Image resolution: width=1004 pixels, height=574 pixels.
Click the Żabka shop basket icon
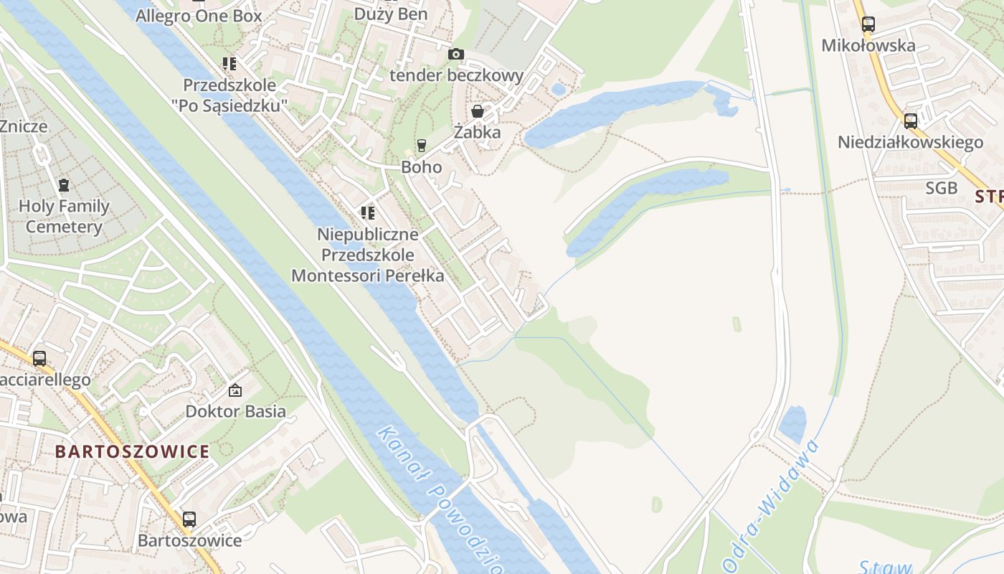478,111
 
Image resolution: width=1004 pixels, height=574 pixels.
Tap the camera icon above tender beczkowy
455,54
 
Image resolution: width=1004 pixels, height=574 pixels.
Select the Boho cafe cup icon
422,146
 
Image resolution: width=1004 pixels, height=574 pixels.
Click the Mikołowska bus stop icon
868,24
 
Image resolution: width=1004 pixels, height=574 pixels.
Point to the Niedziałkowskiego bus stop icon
911,121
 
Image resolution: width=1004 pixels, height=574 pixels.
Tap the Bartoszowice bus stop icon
189,519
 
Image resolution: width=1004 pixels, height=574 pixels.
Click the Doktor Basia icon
235,390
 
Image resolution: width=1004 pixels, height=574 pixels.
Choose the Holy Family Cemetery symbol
64,185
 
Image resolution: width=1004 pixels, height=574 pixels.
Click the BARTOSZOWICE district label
132,451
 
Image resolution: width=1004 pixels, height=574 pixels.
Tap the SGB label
941,188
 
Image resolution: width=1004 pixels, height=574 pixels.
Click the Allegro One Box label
199,15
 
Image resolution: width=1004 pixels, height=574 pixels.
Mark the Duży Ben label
392,14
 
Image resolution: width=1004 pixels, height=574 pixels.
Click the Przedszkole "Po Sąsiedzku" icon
229,64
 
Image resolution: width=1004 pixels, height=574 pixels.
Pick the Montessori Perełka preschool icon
368,212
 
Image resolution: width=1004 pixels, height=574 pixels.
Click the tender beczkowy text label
456,75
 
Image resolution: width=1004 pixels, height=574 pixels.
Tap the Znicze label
24,126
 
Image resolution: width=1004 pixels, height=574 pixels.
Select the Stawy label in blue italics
886,567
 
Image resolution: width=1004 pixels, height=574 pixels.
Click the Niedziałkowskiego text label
910,142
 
